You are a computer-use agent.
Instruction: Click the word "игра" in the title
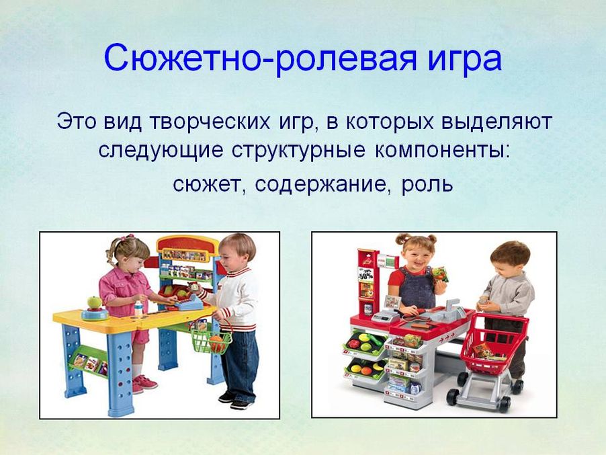click(x=464, y=60)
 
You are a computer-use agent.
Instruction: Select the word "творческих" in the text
click(x=210, y=122)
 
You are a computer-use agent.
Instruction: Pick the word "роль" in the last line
click(x=427, y=185)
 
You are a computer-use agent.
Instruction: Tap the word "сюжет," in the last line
click(x=209, y=185)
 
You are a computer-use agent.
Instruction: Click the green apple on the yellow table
click(x=94, y=302)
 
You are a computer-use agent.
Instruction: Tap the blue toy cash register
click(x=188, y=301)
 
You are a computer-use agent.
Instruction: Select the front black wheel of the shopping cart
click(x=453, y=397)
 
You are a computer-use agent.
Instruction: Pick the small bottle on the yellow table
click(x=138, y=308)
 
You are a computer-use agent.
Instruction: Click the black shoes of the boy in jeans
click(x=236, y=401)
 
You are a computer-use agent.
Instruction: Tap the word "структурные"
click(x=298, y=150)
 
